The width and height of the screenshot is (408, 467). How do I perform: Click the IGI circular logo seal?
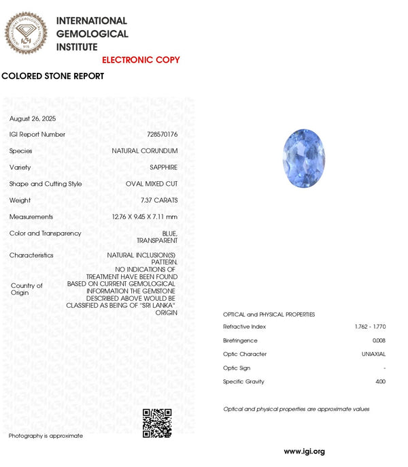[x=27, y=33]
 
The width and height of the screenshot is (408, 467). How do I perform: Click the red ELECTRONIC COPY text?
[x=141, y=60]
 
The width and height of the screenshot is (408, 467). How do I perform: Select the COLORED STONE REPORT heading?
[x=53, y=76]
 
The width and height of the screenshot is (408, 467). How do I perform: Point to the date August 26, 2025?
[x=33, y=118]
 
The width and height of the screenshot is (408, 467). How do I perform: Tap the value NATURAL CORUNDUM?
[x=145, y=151]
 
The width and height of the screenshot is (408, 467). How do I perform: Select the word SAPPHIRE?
[x=163, y=167]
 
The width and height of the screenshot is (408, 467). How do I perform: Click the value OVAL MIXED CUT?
[x=152, y=184]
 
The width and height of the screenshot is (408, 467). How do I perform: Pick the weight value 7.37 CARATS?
[x=159, y=200]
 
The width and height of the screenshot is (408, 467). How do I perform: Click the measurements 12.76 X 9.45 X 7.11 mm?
[x=145, y=216]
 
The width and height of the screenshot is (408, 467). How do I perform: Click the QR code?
[x=156, y=423]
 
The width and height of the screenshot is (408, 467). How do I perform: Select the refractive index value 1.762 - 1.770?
[x=370, y=327]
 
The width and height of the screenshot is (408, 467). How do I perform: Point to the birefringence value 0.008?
[x=379, y=340]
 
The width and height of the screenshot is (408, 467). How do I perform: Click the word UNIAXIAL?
[x=373, y=354]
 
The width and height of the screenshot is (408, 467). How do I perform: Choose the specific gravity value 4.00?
[x=379, y=381]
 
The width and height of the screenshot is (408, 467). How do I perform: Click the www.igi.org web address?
[x=304, y=451]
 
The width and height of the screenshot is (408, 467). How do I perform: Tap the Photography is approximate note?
[x=46, y=436]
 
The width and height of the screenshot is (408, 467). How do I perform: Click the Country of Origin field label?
[x=27, y=289]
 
